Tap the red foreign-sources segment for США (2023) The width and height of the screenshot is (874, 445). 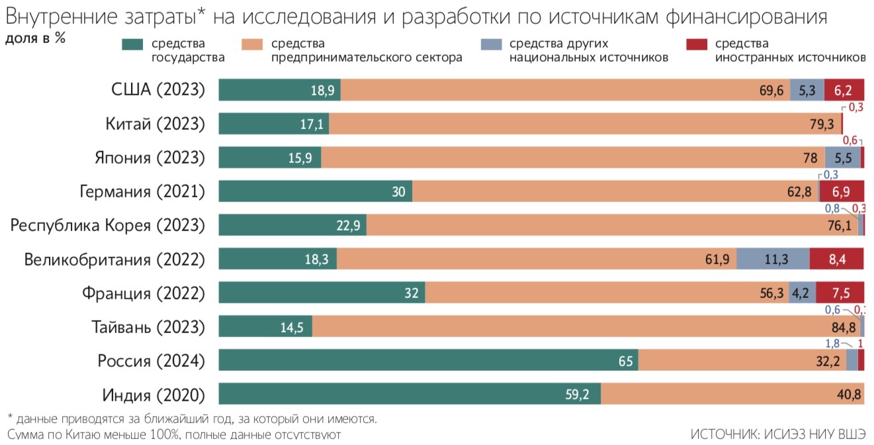pyautogui.click(x=844, y=90)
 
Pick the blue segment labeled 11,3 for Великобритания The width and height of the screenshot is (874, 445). pyautogui.click(x=773, y=259)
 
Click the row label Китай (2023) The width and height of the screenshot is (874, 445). pyautogui.click(x=155, y=124)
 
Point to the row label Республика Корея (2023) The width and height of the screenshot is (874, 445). pyautogui.click(x=107, y=225)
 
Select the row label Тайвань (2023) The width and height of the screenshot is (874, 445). pyautogui.click(x=148, y=326)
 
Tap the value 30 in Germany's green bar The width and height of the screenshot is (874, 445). pyautogui.click(x=398, y=192)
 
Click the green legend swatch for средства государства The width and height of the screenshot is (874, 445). pyautogui.click(x=133, y=45)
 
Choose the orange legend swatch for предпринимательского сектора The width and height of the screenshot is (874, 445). pyautogui.click(x=253, y=45)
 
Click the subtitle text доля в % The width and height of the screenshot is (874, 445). pyautogui.click(x=35, y=38)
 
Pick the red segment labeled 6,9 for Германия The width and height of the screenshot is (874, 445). pyautogui.click(x=842, y=192)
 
